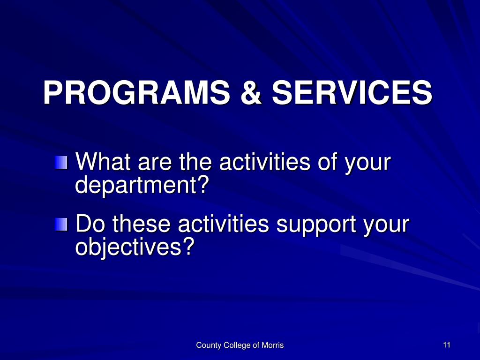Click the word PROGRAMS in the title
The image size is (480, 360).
(x=136, y=92)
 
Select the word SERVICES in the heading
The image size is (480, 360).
(x=352, y=92)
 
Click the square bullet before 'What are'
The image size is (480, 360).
(x=61, y=163)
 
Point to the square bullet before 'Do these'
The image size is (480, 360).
(x=61, y=225)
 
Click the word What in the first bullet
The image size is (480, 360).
(x=103, y=161)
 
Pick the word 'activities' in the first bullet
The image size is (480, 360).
(x=265, y=161)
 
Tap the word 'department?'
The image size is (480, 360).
(x=142, y=185)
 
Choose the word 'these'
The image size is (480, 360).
(x=142, y=224)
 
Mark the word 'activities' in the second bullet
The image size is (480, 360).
(x=224, y=224)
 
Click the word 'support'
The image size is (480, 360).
(x=316, y=225)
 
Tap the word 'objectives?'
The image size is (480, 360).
(x=135, y=247)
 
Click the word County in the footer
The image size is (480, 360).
(x=209, y=345)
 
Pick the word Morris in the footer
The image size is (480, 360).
(x=272, y=345)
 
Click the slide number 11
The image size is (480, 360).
(x=447, y=345)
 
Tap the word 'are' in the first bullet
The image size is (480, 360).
(x=155, y=163)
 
